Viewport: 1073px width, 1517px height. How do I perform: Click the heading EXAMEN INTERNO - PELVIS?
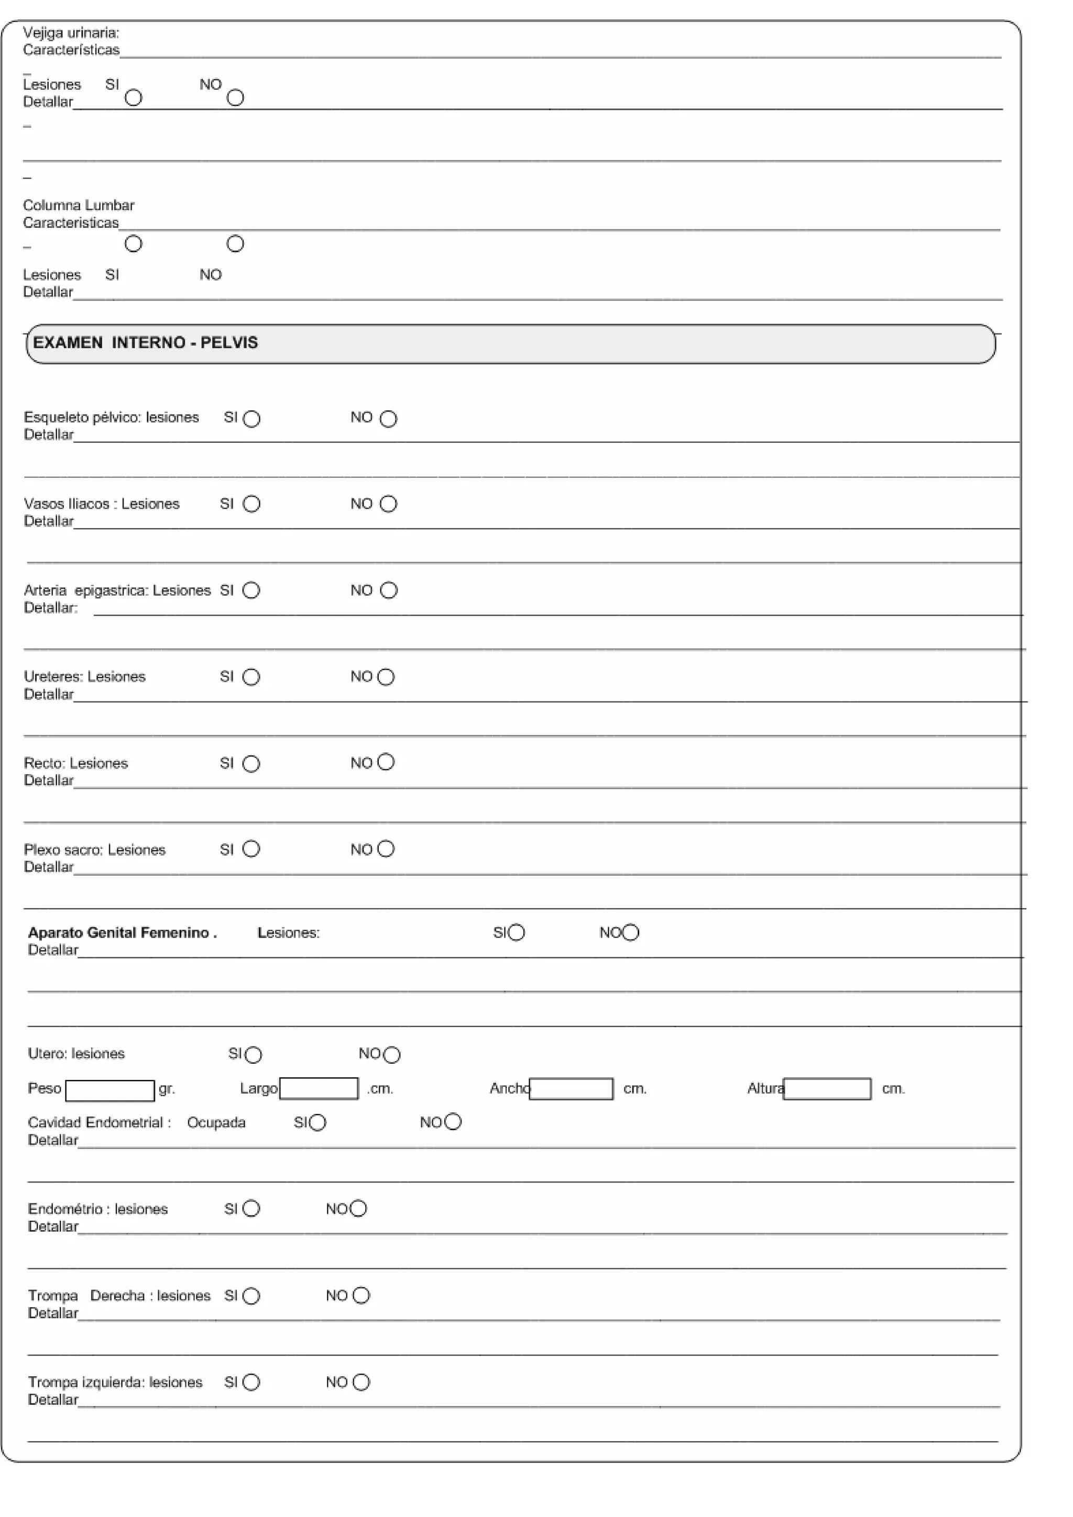coord(146,343)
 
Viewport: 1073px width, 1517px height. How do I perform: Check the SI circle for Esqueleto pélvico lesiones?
coord(252,419)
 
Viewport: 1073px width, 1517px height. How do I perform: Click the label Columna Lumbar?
coord(79,206)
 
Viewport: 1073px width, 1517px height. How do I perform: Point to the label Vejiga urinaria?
coord(71,32)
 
